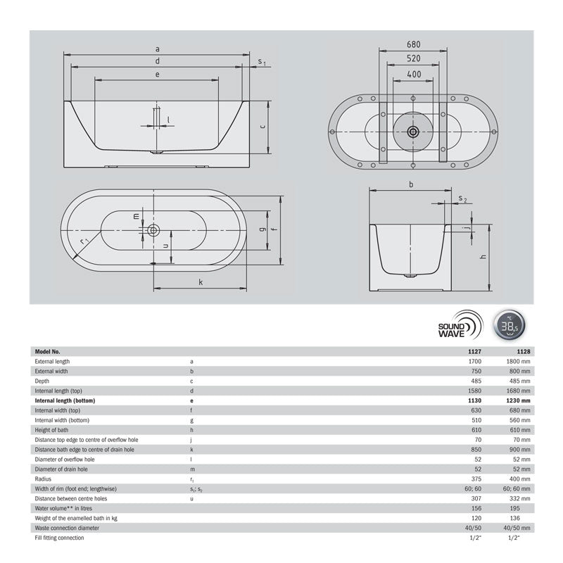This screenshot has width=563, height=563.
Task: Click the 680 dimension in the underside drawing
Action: coord(413,44)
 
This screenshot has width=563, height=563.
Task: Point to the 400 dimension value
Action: coord(413,74)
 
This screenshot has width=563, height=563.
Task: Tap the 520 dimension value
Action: coord(413,59)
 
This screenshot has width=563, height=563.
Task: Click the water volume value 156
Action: coord(476,508)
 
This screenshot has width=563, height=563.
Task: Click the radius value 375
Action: coord(476,479)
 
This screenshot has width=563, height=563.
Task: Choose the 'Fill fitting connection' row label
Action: coord(60,538)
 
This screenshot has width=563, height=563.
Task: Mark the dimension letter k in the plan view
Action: coord(201,281)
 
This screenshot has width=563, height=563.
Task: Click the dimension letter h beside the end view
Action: coord(483,258)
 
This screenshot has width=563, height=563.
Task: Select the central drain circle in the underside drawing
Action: coord(413,131)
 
